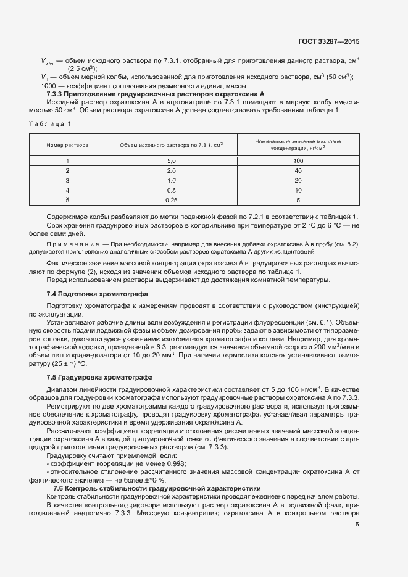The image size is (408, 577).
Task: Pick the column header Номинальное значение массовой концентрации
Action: coord(298,145)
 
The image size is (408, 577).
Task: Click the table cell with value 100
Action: coord(298,160)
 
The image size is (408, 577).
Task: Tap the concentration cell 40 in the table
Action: coord(298,170)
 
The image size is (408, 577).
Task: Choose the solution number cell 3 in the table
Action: coord(67,180)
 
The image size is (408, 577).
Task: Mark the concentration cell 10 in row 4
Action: coord(298,190)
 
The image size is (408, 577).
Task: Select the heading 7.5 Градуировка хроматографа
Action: coord(92,376)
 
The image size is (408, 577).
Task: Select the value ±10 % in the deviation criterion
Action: coord(152,479)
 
